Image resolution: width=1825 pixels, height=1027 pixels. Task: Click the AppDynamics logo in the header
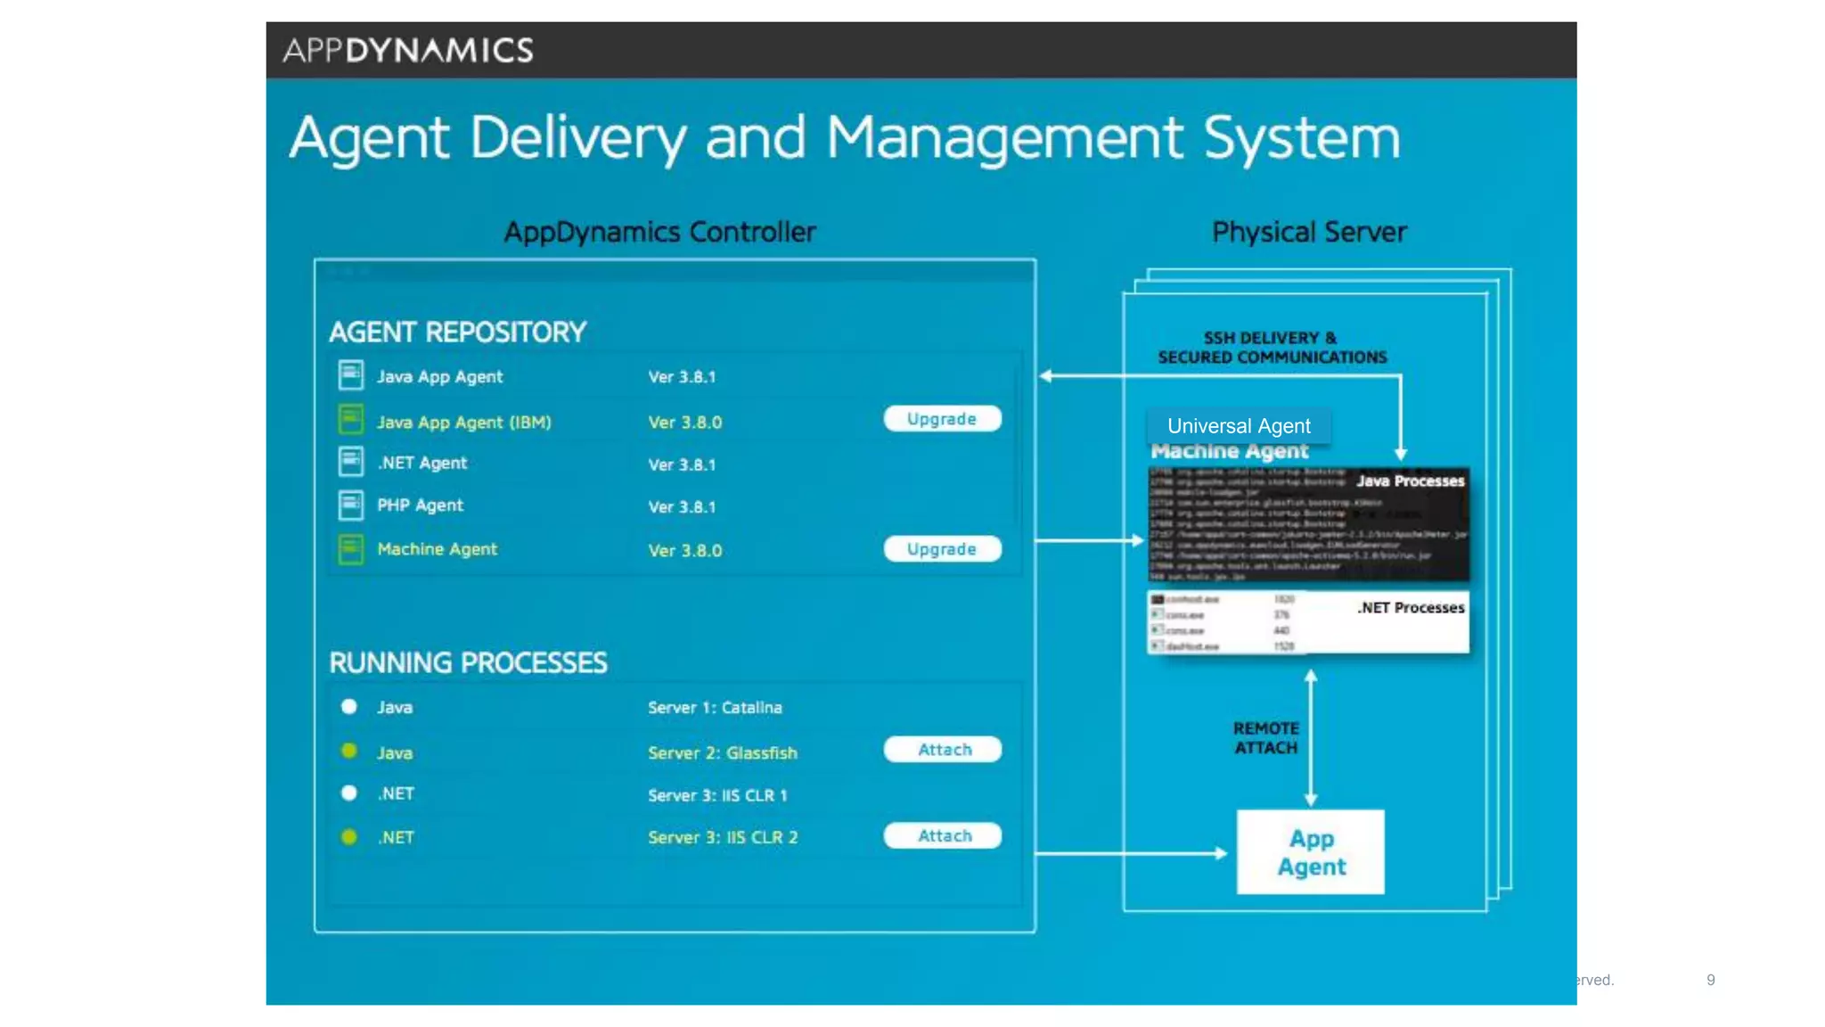[408, 50]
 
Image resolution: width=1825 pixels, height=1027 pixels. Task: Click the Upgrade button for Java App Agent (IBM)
[942, 419]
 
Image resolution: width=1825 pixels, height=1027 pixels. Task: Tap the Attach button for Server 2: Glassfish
[942, 750]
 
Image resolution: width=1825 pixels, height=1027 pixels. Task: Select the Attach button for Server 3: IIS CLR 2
[942, 836]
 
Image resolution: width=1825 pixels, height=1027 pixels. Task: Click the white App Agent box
[1310, 852]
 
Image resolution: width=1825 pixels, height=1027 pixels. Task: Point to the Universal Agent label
[1239, 426]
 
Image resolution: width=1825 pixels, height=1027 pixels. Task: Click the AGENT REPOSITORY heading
[457, 333]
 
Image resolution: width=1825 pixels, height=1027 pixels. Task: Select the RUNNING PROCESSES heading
[468, 663]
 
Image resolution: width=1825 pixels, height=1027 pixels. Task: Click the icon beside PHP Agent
[351, 505]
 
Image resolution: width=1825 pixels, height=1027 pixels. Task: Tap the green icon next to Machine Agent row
[351, 549]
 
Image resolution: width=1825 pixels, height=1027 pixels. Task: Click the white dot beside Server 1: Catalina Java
[349, 707]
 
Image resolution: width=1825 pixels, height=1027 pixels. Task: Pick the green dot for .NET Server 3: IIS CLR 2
[349, 837]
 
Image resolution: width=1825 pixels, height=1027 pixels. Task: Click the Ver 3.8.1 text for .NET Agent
[682, 464]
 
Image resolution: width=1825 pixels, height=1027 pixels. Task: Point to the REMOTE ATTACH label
[1265, 738]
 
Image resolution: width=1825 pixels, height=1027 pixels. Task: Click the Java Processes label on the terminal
[1410, 481]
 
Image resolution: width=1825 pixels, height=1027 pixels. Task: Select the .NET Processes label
[1411, 608]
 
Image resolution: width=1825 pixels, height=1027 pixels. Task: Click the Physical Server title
[1309, 233]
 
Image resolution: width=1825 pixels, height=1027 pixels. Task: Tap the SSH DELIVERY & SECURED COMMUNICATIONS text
[1272, 348]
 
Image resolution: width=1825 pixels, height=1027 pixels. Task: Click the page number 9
[1710, 980]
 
